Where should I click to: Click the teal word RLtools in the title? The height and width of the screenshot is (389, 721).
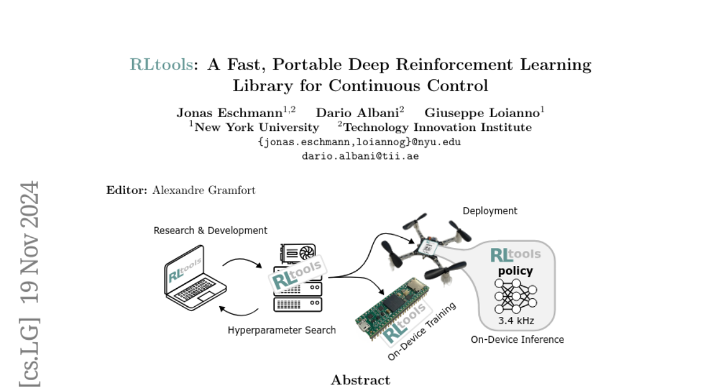pyautogui.click(x=161, y=65)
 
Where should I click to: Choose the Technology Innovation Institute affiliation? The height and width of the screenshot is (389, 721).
pyautogui.click(x=437, y=127)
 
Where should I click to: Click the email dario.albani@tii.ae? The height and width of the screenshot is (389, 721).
pyautogui.click(x=360, y=155)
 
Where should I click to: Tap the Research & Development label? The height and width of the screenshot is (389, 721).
pyautogui.click(x=210, y=231)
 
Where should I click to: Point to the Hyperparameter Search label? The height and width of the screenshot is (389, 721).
pyautogui.click(x=282, y=330)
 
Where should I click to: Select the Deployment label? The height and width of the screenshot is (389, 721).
pyautogui.click(x=490, y=211)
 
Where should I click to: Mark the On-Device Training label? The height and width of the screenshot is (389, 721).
pyautogui.click(x=421, y=331)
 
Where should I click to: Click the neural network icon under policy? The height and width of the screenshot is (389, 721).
pyautogui.click(x=516, y=296)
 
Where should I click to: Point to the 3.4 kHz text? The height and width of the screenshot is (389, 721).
pyautogui.click(x=516, y=321)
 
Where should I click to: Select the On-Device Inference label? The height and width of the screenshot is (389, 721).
pyautogui.click(x=517, y=339)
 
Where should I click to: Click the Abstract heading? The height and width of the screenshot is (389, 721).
pyautogui.click(x=360, y=380)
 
